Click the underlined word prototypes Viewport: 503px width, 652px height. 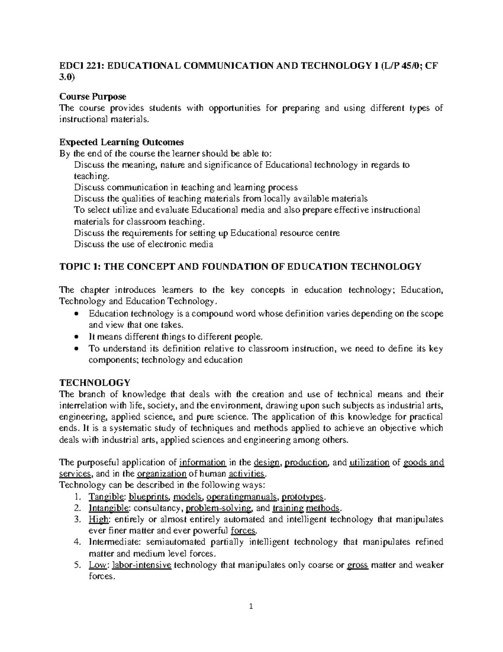pyautogui.click(x=302, y=497)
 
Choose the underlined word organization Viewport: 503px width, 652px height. pyautogui.click(x=161, y=474)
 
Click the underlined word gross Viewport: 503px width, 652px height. pyautogui.click(x=358, y=565)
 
